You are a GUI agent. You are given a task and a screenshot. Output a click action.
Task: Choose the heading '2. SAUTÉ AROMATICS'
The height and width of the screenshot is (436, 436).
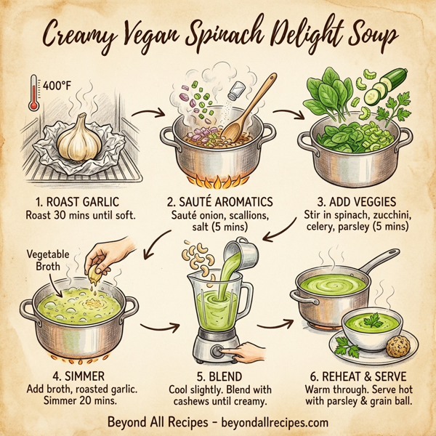coord(219,201)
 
